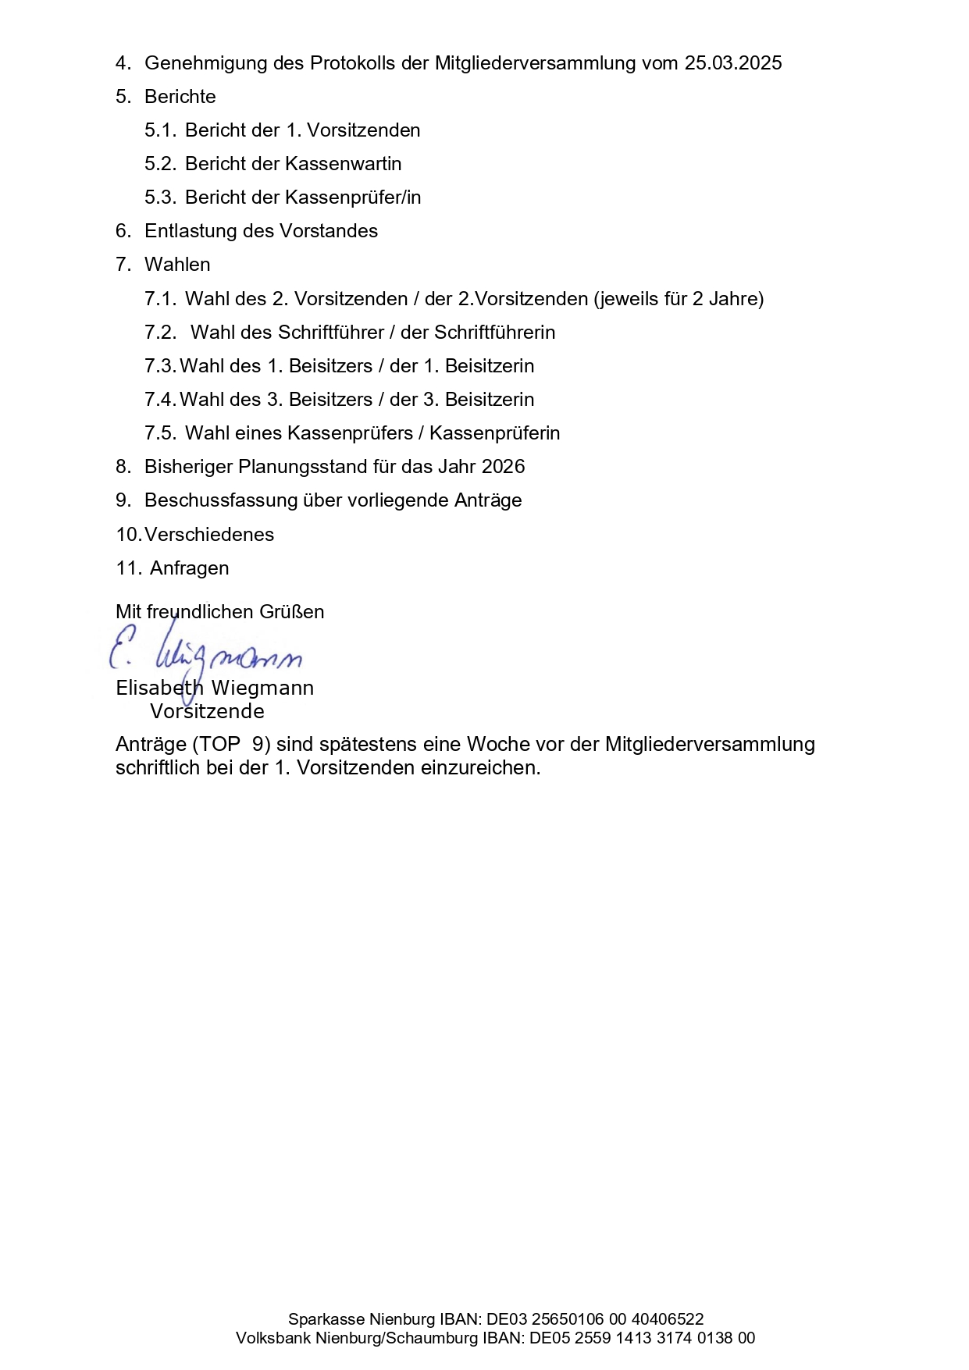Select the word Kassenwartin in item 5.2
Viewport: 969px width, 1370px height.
click(344, 164)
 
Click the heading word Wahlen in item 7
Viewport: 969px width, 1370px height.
click(177, 265)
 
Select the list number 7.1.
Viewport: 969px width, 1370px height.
click(160, 299)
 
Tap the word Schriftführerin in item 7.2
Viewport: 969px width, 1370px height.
click(494, 333)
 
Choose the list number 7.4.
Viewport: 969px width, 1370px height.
click(160, 400)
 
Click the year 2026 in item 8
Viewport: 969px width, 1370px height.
click(503, 467)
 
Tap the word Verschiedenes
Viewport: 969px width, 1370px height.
click(209, 535)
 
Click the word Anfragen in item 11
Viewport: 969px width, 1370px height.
click(189, 568)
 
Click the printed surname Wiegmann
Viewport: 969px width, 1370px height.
click(262, 689)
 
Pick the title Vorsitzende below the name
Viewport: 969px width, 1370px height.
click(207, 712)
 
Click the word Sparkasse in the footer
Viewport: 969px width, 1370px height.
click(326, 1319)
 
